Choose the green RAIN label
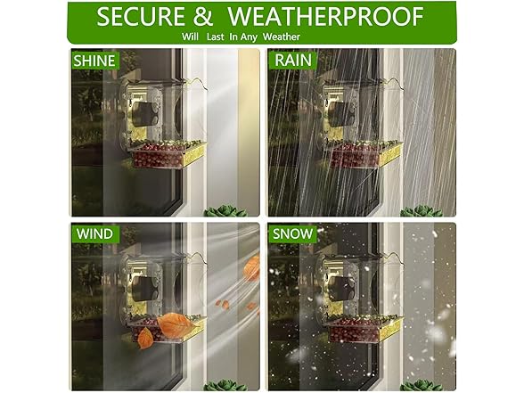tap(292, 60)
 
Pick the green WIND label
tap(94, 234)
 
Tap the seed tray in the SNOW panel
tap(360, 330)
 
